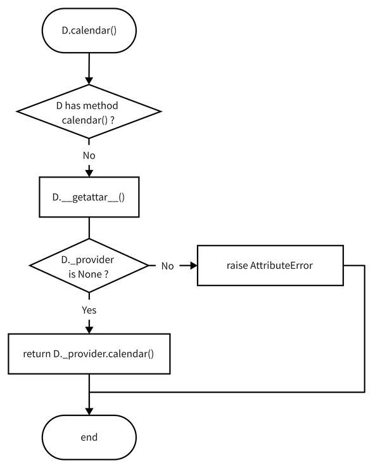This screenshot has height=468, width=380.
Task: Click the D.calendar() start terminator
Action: coord(89,30)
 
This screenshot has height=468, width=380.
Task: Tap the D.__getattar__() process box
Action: coord(89,197)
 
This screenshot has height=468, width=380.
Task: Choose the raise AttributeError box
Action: coord(270,265)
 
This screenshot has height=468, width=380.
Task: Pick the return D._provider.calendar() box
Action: coord(89,353)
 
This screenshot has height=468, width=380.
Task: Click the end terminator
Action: coord(89,438)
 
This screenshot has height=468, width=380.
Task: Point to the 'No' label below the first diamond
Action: coord(89,155)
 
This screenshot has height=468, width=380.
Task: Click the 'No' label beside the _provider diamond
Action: coord(167,266)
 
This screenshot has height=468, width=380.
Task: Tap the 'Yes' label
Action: coord(89,310)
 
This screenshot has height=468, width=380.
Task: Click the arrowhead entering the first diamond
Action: coord(89,80)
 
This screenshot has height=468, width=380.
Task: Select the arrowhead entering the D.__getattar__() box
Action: coord(89,172)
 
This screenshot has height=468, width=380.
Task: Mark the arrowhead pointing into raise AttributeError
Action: coord(193,265)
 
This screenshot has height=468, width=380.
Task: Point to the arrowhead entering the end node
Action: coord(89,412)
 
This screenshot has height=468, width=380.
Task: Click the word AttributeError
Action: coord(281,265)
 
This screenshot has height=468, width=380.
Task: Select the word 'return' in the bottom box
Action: coord(37,353)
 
